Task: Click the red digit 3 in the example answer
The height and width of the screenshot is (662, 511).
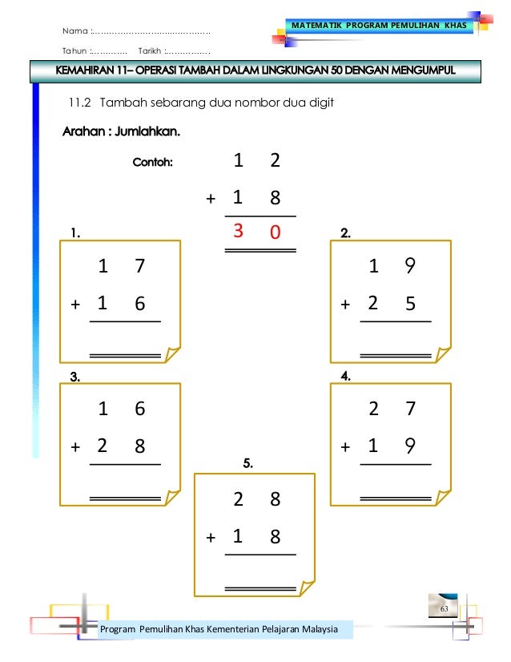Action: click(238, 232)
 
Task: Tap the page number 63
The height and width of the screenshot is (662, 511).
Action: click(443, 611)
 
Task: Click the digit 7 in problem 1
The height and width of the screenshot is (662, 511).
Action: click(140, 266)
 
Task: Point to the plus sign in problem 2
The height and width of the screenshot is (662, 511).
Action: click(345, 305)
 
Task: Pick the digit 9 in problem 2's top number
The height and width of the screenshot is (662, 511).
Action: click(410, 266)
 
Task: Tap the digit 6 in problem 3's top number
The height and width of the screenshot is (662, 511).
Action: click(140, 409)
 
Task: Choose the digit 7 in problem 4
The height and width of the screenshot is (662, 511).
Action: click(410, 409)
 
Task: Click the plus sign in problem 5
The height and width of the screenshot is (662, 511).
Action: click(211, 537)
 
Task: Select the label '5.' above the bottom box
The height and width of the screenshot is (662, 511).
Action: click(248, 462)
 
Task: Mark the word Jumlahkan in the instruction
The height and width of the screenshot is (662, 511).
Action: click(147, 131)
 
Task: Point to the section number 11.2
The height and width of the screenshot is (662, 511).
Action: click(82, 103)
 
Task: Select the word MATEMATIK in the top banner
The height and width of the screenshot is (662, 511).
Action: click(320, 27)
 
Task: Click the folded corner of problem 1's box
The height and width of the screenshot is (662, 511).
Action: click(171, 355)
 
